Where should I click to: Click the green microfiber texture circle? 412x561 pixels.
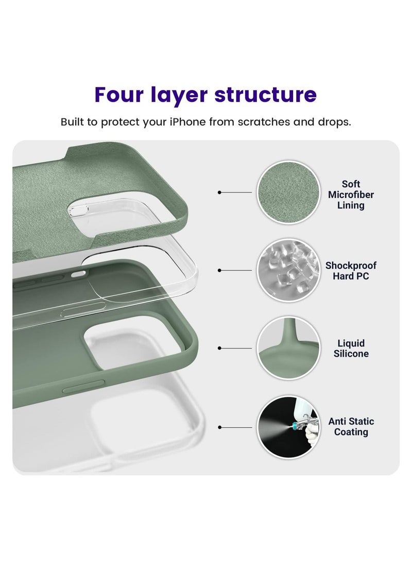[x=288, y=192]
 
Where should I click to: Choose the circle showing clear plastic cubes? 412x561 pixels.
[x=288, y=270]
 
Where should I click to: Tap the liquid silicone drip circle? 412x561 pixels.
[x=288, y=348]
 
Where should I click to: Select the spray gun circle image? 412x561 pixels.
[x=288, y=427]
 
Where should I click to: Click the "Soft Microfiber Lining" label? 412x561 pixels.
[x=351, y=195]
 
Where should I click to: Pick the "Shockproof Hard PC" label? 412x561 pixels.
[x=351, y=271]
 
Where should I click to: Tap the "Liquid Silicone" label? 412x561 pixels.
[x=351, y=348]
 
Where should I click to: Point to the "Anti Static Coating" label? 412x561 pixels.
[x=351, y=427]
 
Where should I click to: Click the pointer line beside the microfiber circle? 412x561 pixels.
[x=235, y=192]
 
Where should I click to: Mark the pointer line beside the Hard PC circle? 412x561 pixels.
[x=235, y=270]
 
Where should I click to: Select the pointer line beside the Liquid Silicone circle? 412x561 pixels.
[x=235, y=348]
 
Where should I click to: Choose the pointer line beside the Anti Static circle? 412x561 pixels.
[x=235, y=427]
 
